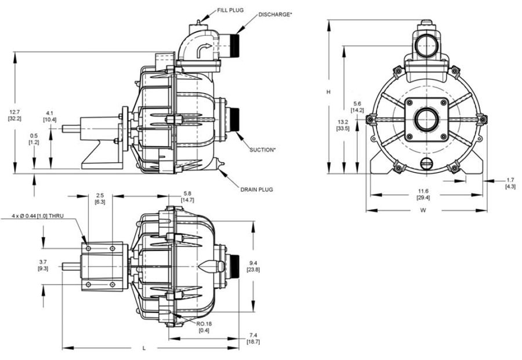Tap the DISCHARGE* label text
click(274, 14)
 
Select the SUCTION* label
click(262, 150)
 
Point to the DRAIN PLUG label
click(256, 190)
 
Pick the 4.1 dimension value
click(49, 113)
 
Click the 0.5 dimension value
click(34, 136)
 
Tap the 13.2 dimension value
click(342, 122)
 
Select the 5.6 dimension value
click(357, 104)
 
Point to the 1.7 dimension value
click(510, 180)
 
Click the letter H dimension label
click(328, 92)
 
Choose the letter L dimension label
click(143, 348)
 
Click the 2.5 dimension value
click(100, 195)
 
